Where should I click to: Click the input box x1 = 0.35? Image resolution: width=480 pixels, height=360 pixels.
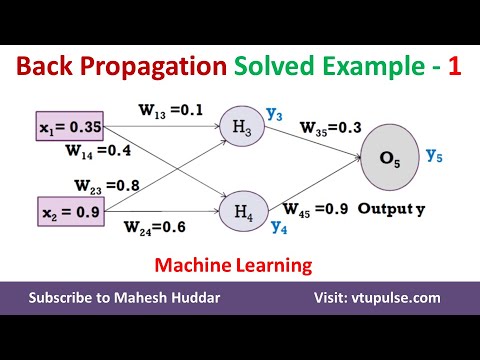coord(66,129)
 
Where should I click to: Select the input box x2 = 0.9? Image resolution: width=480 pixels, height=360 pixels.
coord(64,212)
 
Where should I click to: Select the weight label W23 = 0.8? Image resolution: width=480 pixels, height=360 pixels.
coord(108,184)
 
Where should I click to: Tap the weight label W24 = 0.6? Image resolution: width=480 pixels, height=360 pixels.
coord(156,227)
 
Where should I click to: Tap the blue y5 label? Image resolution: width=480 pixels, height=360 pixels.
coord(435,155)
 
